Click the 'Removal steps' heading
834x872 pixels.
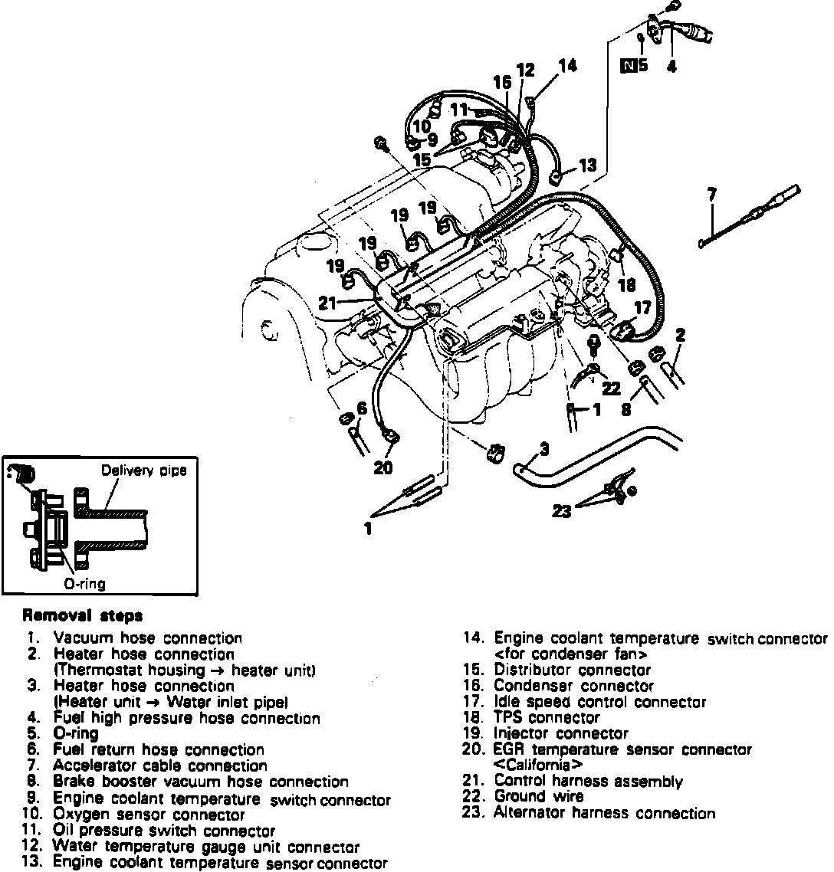pyautogui.click(x=82, y=615)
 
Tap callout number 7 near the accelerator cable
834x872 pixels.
pyautogui.click(x=712, y=195)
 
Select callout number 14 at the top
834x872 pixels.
pyautogui.click(x=567, y=66)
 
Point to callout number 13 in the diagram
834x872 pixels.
pyautogui.click(x=587, y=165)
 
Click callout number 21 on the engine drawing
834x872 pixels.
pyautogui.click(x=328, y=303)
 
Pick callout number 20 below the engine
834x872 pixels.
pyautogui.click(x=383, y=468)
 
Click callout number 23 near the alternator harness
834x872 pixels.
pyautogui.click(x=562, y=511)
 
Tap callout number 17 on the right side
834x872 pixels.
pyautogui.click(x=642, y=308)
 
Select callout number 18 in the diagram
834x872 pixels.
pyautogui.click(x=626, y=285)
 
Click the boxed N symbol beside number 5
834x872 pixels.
pyautogui.click(x=628, y=65)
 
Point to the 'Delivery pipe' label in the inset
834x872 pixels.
pyautogui.click(x=143, y=470)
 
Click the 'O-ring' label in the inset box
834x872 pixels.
pyautogui.click(x=84, y=583)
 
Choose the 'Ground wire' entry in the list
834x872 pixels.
pyautogui.click(x=538, y=797)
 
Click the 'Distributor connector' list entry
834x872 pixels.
pyautogui.click(x=572, y=670)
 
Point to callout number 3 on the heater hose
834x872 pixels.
pyautogui.click(x=543, y=447)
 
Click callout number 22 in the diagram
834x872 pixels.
pyautogui.click(x=610, y=388)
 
